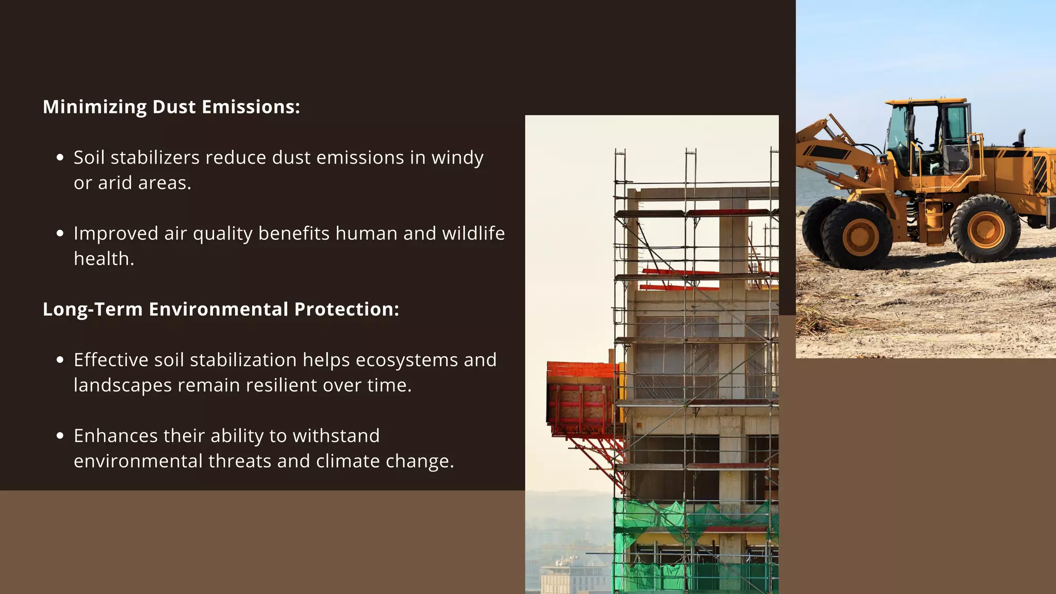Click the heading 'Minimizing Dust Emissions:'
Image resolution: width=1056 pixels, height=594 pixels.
(171, 107)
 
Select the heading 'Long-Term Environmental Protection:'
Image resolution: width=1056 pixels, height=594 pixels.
(221, 309)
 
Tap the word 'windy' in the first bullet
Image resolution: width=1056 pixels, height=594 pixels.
(457, 158)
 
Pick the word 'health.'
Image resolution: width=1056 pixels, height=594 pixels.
(104, 259)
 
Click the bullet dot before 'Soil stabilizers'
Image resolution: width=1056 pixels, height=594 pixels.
(60, 158)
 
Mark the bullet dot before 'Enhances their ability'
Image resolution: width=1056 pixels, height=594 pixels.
(60, 436)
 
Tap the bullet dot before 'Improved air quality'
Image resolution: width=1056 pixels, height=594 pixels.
(60, 234)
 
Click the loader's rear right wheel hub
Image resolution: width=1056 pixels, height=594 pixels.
(985, 229)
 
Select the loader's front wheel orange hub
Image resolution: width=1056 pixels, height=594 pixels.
(860, 237)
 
